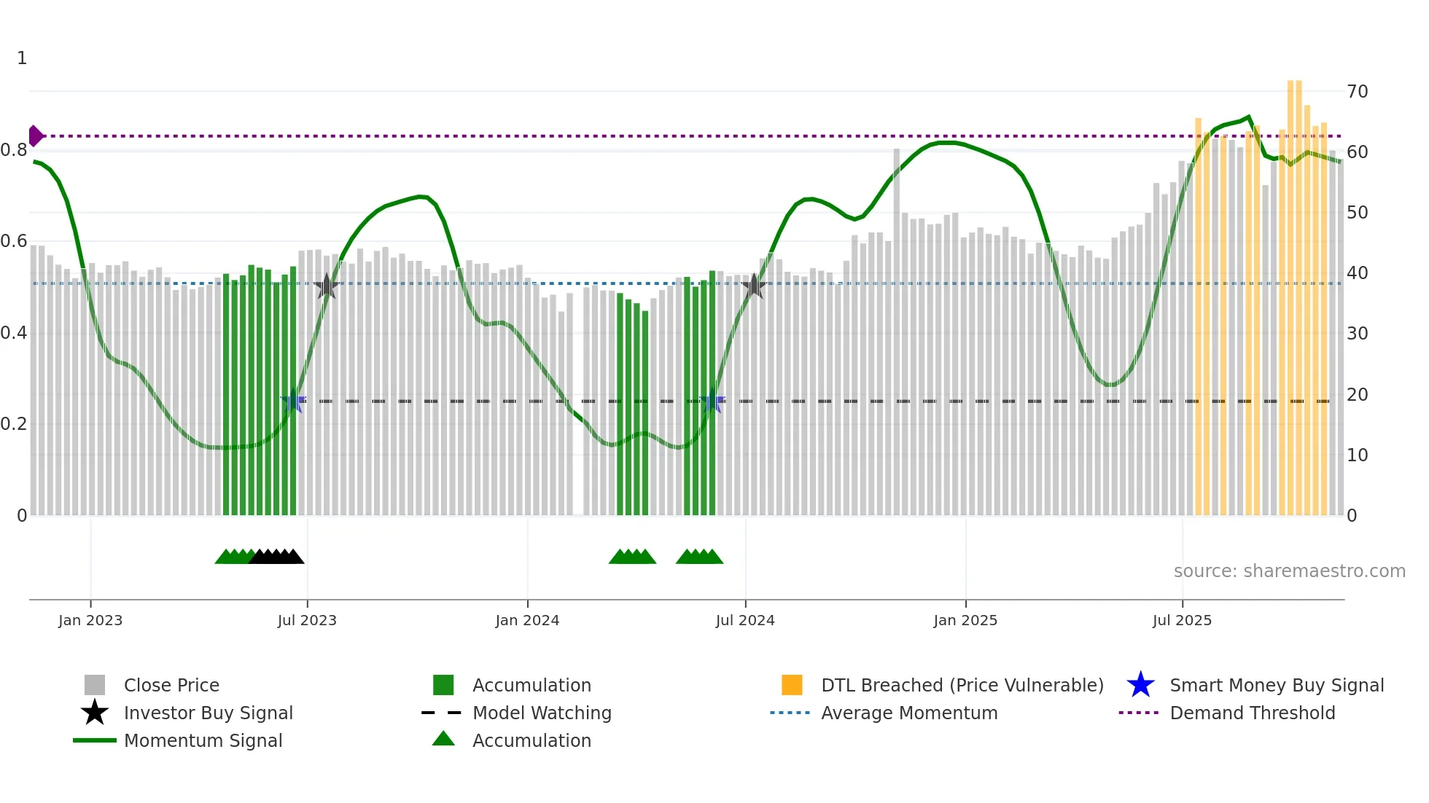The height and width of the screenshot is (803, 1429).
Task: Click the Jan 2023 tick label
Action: [90, 621]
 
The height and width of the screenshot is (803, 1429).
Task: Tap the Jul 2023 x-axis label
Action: [307, 621]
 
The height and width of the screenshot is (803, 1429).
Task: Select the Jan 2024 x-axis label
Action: [527, 621]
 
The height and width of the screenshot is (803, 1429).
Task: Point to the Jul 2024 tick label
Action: [745, 621]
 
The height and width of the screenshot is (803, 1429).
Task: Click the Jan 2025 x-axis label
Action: [965, 621]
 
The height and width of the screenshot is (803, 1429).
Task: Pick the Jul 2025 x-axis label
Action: [1182, 621]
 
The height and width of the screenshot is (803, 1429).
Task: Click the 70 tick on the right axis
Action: [1358, 92]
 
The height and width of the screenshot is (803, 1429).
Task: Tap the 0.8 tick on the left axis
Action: [14, 151]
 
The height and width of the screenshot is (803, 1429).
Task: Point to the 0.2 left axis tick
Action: [14, 424]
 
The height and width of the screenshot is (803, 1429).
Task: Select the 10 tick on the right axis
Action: [1358, 455]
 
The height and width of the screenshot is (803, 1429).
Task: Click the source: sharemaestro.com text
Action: [1289, 571]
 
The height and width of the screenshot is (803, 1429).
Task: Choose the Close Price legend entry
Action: [171, 686]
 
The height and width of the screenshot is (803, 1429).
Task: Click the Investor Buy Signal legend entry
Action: [208, 713]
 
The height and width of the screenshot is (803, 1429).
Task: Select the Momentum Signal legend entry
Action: [203, 741]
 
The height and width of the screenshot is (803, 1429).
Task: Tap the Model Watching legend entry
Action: [542, 713]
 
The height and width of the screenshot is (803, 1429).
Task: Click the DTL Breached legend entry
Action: [962, 686]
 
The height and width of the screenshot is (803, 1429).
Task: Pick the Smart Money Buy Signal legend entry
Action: [1277, 686]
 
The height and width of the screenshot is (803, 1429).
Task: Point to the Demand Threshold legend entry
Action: [1252, 713]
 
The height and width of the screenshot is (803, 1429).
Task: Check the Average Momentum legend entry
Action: [909, 713]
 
